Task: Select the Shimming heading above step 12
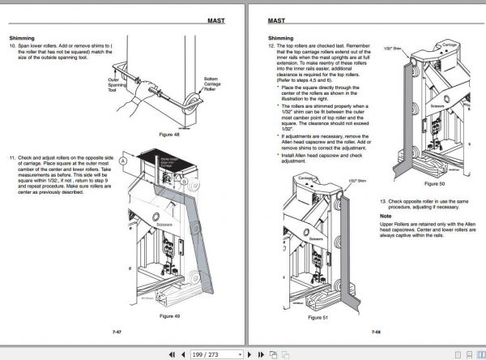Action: (x=280, y=38)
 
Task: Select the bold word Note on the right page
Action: (x=386, y=217)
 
